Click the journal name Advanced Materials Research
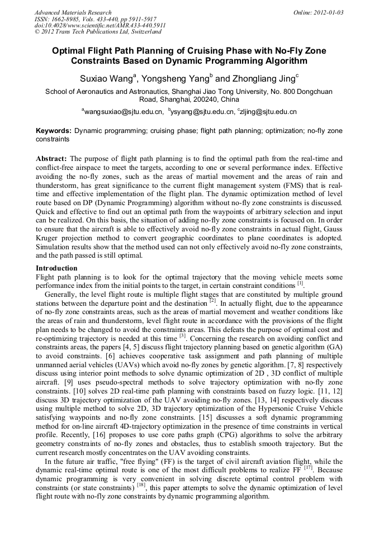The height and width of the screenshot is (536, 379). click(73, 12)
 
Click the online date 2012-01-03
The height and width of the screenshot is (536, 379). click(329, 12)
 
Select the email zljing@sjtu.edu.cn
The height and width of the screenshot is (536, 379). click(269, 112)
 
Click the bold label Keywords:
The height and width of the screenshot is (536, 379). click(54, 130)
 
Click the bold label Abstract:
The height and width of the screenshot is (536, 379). click(51, 158)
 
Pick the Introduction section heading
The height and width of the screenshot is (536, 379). click(56, 268)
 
